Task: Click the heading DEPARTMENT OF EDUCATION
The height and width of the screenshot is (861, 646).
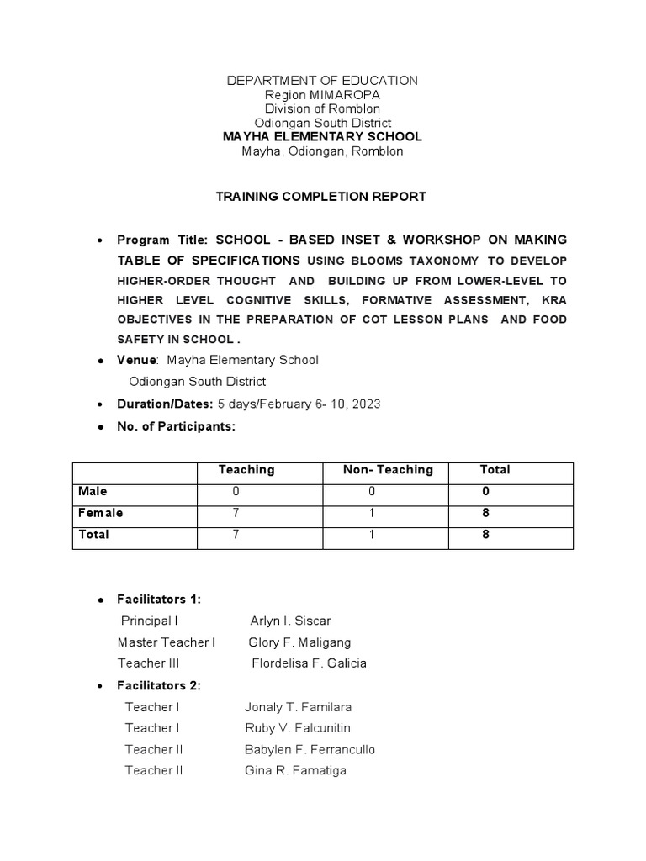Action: pyautogui.click(x=322, y=81)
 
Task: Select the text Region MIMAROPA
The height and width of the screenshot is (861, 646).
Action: pyautogui.click(x=322, y=95)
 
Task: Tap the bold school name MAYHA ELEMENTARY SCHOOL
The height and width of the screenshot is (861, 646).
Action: pyautogui.click(x=322, y=136)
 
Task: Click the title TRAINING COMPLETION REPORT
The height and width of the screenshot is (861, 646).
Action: pyautogui.click(x=322, y=197)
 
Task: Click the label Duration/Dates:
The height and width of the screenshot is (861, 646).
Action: pyautogui.click(x=166, y=404)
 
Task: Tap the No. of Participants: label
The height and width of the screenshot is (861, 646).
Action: pyautogui.click(x=177, y=426)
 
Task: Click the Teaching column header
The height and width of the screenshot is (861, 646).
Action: pyautogui.click(x=246, y=470)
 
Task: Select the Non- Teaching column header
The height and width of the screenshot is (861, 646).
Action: pyautogui.click(x=388, y=470)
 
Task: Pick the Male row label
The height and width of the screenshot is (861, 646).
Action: pyautogui.click(x=93, y=491)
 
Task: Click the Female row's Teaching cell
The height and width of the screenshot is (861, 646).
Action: pyautogui.click(x=236, y=513)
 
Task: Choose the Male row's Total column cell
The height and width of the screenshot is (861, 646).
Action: pyautogui.click(x=485, y=491)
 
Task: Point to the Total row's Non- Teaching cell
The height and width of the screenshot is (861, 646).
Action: pyautogui.click(x=371, y=534)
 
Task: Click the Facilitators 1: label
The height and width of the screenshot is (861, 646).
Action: pyautogui.click(x=159, y=600)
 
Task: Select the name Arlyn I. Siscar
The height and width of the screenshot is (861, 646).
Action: pyautogui.click(x=290, y=621)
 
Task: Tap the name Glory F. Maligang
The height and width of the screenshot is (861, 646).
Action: pyautogui.click(x=299, y=642)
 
